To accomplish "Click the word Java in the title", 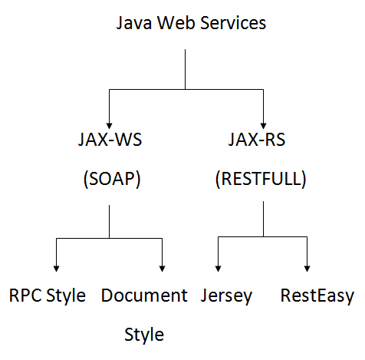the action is [x=134, y=23].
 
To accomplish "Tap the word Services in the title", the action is [x=233, y=23].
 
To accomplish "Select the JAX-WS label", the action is [x=110, y=140].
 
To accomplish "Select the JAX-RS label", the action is [x=257, y=140].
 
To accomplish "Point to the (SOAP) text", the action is [x=112, y=179].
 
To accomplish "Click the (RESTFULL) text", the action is [x=261, y=179].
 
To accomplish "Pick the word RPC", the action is [x=25, y=296].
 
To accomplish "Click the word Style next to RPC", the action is [x=66, y=297].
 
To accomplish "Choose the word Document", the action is [x=144, y=296].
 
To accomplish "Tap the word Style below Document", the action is [x=144, y=335].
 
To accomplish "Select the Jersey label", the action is [x=226, y=297].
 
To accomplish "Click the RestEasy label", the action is [x=317, y=297].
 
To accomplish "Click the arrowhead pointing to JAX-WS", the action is [x=109, y=126].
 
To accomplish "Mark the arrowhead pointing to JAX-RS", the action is [x=263, y=126].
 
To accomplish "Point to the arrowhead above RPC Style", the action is [x=56, y=269].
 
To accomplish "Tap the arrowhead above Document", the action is [x=162, y=269].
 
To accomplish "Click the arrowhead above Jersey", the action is [x=218, y=269].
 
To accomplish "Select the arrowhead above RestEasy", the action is [x=307, y=269].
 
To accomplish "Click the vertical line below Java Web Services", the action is [x=185, y=69].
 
